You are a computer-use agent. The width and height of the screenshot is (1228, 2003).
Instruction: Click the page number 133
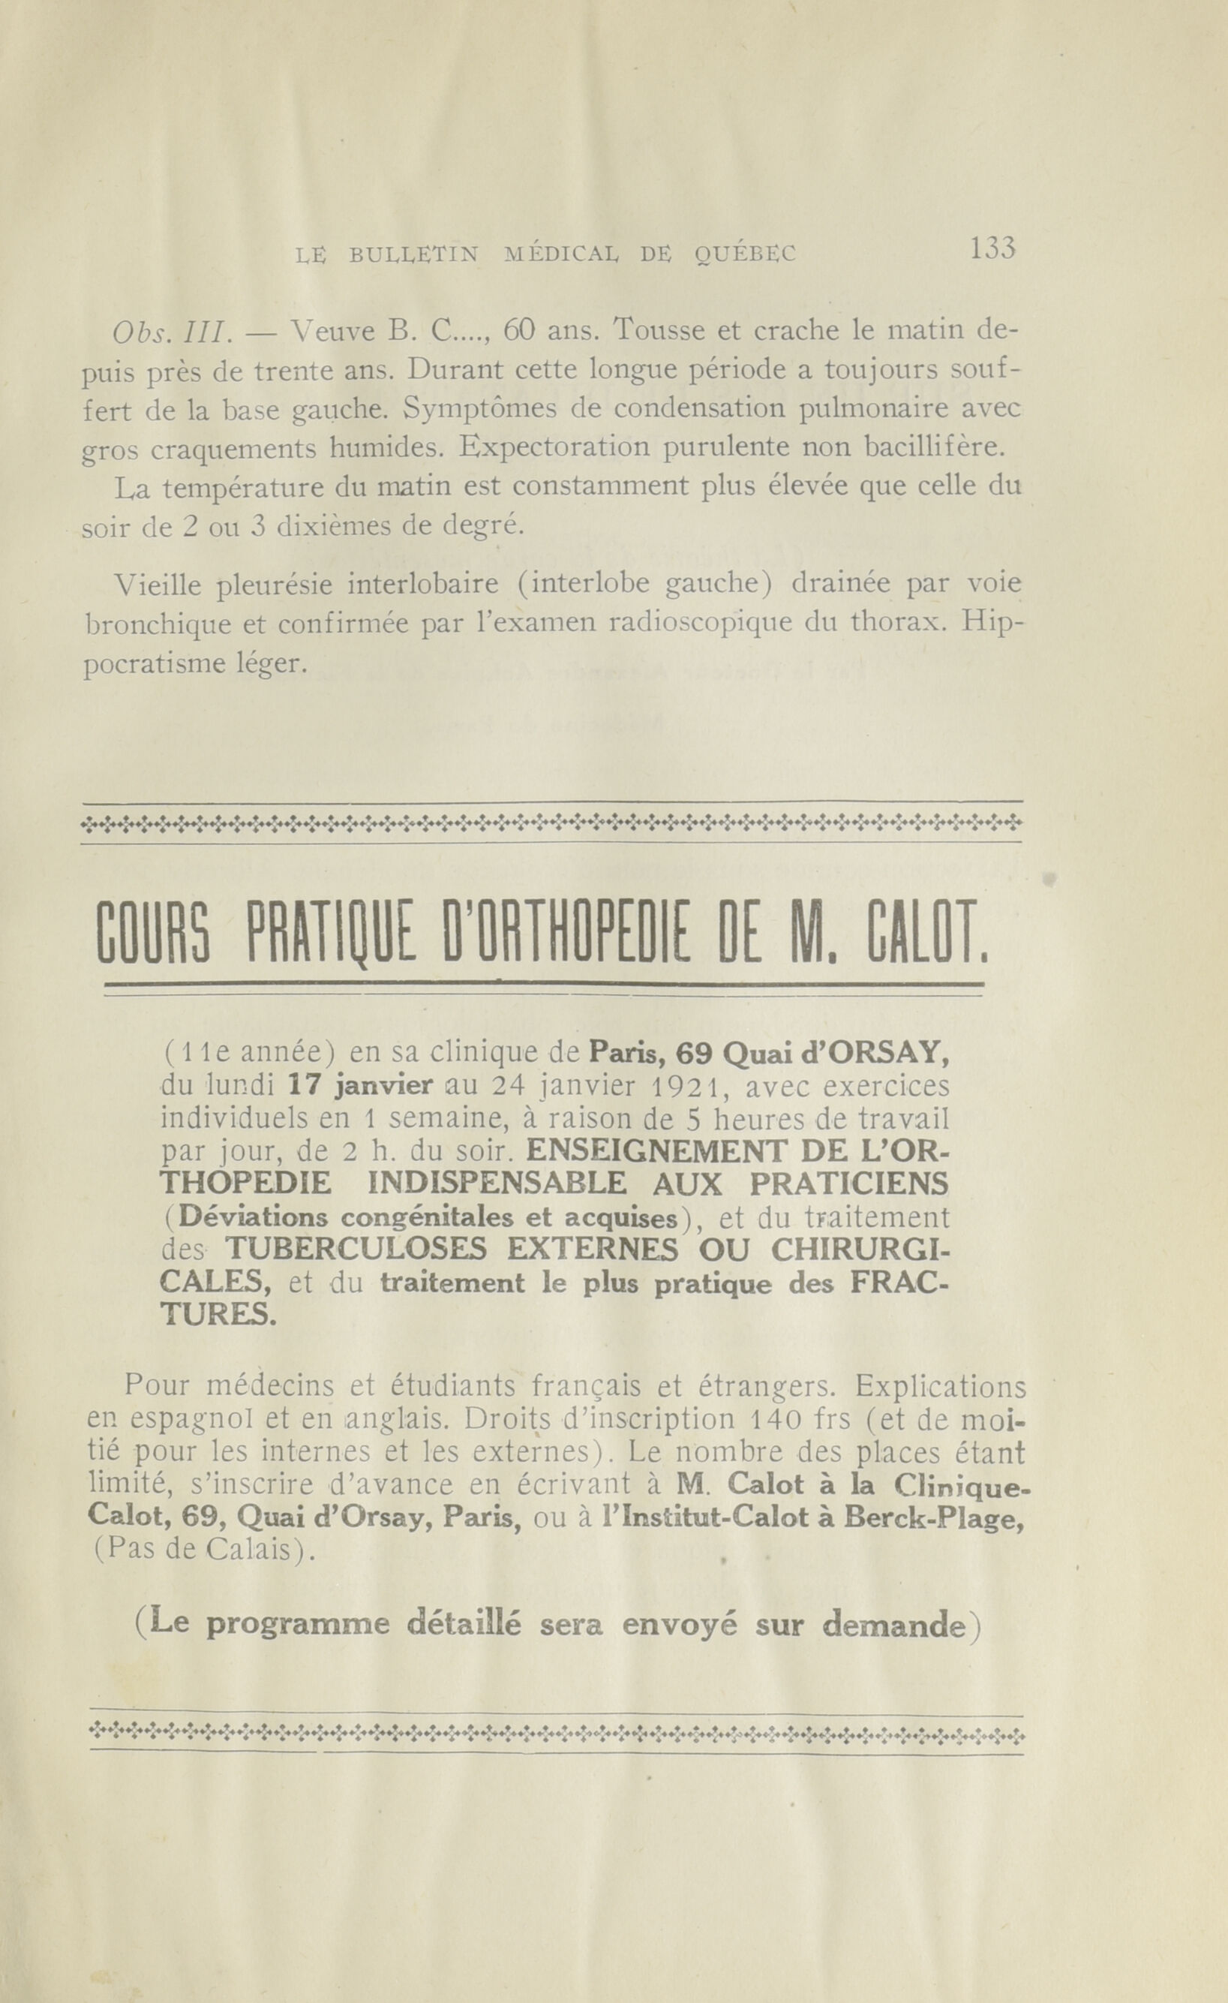[992, 247]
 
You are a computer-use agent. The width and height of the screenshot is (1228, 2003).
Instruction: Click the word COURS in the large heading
[155, 935]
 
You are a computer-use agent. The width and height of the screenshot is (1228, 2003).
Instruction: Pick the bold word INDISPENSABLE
[496, 1183]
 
